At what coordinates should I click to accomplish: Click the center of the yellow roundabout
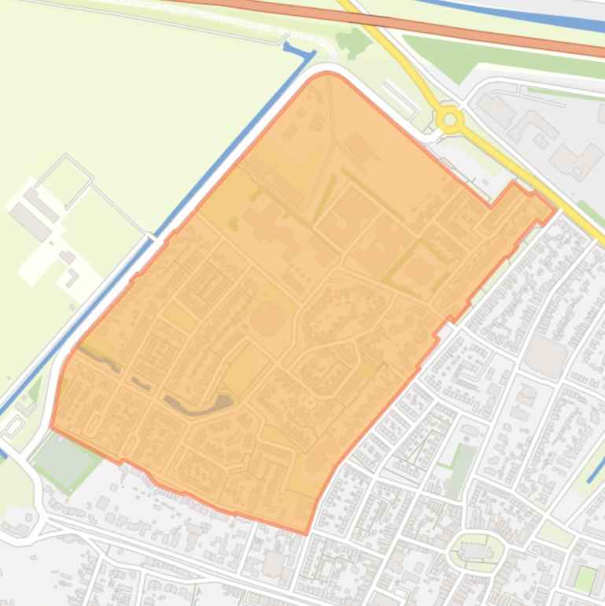pos(450,120)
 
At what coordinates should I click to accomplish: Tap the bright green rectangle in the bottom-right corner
pos(585,579)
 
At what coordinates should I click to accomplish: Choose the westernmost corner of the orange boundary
pos(51,427)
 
